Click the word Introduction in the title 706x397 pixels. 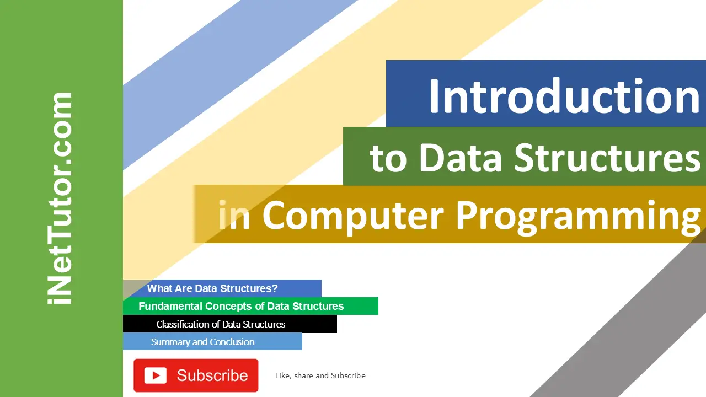tap(564, 96)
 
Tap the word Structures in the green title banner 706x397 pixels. tap(607, 157)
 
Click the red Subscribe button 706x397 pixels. tap(196, 375)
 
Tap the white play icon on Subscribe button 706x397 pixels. tap(156, 375)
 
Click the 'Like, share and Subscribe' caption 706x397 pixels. tap(320, 375)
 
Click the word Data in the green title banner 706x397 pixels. tap(461, 158)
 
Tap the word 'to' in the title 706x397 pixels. tap(388, 159)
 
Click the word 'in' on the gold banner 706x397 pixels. tap(234, 215)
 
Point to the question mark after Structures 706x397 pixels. tap(275, 288)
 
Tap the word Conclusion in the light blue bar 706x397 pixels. tap(232, 342)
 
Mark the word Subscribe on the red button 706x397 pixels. tap(212, 375)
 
